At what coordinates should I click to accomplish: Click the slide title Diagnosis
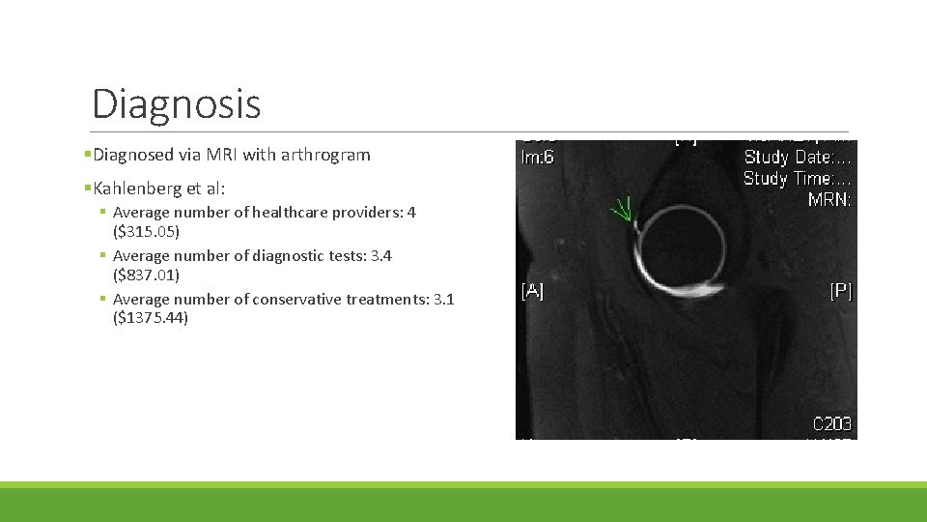point(176,103)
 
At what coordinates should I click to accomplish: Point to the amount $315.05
point(146,232)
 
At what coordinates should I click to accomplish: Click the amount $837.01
point(146,275)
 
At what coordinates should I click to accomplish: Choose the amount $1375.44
point(150,318)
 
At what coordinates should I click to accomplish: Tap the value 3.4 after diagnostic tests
point(381,255)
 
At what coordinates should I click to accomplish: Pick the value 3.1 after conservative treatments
point(443,299)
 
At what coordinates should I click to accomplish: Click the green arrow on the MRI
point(621,210)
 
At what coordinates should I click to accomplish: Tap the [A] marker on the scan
point(532,291)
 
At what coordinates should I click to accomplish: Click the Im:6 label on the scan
point(537,158)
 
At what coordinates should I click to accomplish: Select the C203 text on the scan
point(831,423)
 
